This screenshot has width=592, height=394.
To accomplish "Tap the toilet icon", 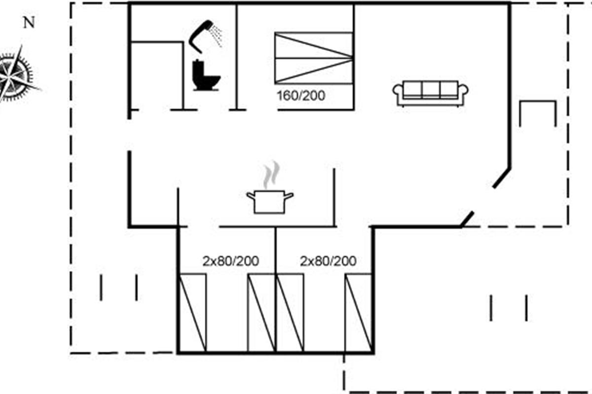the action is pos(206,75).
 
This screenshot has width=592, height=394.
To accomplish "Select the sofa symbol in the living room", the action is pos(430,94).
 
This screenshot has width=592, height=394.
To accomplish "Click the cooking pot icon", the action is pos(269,202).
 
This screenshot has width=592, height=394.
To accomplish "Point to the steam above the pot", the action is pos(271,174).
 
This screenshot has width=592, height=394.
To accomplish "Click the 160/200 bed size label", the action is pos(301,96).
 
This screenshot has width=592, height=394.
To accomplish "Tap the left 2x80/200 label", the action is pos(230,261).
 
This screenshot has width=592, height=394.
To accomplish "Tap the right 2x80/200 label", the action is pos(328,261).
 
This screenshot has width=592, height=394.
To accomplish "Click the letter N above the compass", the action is pos(29,23).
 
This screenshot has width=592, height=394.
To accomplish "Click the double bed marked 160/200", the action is pos(314,58).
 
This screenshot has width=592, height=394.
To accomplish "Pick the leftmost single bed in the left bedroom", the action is pos(192,313).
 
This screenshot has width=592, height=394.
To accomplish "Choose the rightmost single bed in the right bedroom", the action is pos(358,313).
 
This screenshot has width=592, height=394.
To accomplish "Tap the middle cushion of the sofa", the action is pos(431,90).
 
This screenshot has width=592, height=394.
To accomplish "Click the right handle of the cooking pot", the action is pos(289,196).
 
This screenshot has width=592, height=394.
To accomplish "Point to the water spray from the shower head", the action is pos(216,35).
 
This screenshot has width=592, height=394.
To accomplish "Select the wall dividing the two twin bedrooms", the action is pos(275,290).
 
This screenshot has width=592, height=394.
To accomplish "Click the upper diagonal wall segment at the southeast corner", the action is pos(502,178).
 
